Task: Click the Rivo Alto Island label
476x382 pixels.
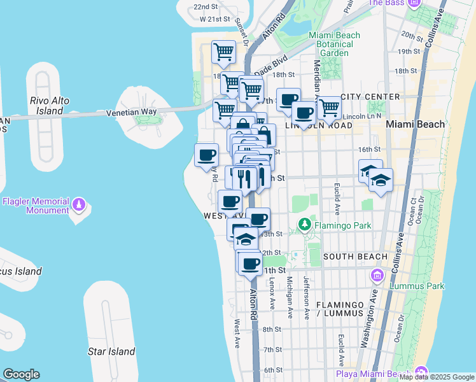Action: tap(49, 106)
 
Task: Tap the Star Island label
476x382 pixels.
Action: tap(111, 351)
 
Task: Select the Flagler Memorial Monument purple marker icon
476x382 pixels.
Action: tap(79, 205)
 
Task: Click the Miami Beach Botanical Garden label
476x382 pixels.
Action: tap(330, 44)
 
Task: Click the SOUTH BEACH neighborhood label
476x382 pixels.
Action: tap(355, 257)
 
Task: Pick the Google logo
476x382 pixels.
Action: tap(21, 374)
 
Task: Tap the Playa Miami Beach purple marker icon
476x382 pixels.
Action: tap(421, 372)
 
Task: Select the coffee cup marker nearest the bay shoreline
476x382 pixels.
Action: tap(206, 155)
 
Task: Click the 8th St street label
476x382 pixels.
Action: tap(272, 329)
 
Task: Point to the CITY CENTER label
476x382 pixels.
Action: tap(370, 97)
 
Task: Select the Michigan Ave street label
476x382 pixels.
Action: tap(290, 296)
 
